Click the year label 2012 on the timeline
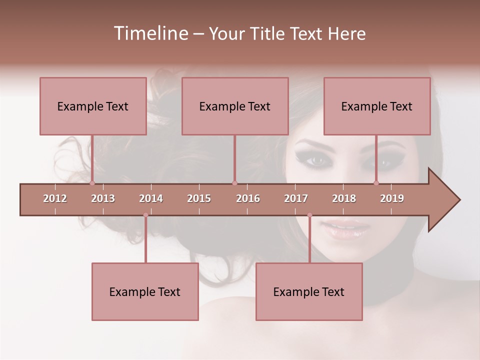point(55,198)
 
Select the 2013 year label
point(103,198)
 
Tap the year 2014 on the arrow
point(151,198)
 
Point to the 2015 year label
point(199,198)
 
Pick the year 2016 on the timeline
point(248,198)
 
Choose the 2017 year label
point(296,198)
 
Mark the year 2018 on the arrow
point(344,198)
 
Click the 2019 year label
point(392,198)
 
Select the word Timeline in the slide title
point(149,33)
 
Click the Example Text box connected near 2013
point(93,106)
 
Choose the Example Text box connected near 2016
point(235,106)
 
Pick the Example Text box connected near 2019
point(377,106)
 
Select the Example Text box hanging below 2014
point(145,291)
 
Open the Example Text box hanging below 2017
point(309,291)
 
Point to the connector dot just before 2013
point(92,183)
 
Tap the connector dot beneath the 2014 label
point(145,215)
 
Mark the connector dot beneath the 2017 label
point(309,215)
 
